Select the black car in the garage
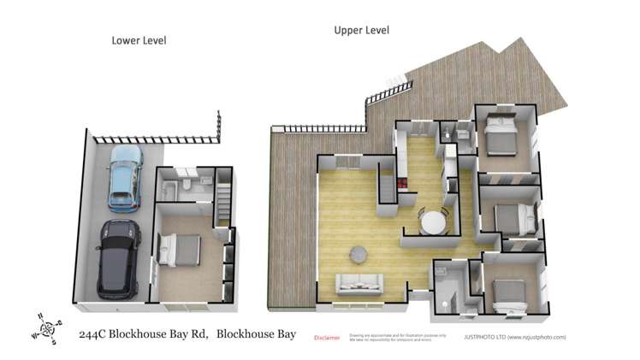[x=118, y=258]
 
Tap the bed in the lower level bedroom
[x=181, y=251]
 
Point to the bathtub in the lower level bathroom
[x=169, y=189]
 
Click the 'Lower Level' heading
[x=139, y=40]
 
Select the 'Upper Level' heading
[x=361, y=30]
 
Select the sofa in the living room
[x=359, y=283]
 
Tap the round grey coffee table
[x=358, y=253]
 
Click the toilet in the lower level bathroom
[x=189, y=189]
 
